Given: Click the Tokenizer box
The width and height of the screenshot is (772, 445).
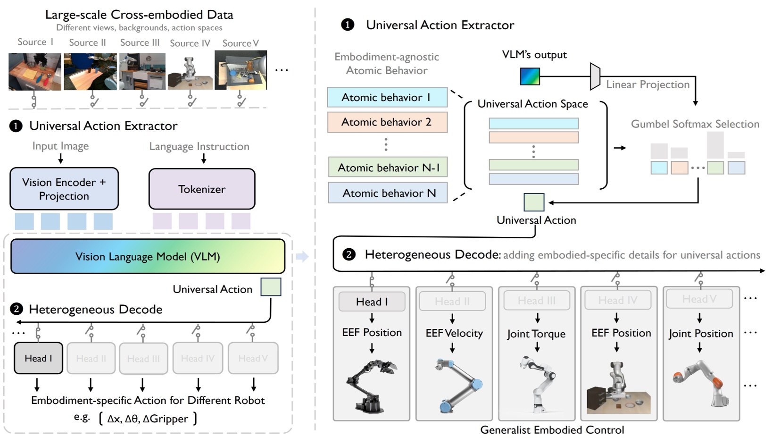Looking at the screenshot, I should [202, 189].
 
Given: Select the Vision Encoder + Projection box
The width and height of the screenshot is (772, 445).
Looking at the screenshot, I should [64, 189].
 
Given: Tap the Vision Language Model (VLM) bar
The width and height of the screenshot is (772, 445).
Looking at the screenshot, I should [148, 256].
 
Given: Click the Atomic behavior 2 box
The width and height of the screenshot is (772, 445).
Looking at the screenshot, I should [387, 122].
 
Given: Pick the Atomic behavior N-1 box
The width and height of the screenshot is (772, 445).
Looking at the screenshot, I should [388, 168].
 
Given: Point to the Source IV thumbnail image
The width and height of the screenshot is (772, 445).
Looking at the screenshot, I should [191, 71].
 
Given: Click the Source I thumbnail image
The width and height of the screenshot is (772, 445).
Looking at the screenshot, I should [35, 71].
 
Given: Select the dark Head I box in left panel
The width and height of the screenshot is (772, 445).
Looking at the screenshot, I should [39, 358].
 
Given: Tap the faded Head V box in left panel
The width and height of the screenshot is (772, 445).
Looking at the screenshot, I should [253, 358].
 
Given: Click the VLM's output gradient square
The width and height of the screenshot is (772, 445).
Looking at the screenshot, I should [530, 76].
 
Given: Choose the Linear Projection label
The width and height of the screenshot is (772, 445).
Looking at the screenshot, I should [647, 84].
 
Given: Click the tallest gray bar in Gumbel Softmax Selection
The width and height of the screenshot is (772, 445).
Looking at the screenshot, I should [715, 145].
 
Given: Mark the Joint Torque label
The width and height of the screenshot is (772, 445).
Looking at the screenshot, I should [536, 334].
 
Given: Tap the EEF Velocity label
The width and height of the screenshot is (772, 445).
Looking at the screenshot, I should [454, 333].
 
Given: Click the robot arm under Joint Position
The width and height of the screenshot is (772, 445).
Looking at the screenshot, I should [699, 382].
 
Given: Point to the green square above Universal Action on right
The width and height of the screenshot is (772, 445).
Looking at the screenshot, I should [534, 202].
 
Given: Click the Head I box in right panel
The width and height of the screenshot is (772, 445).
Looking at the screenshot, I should [372, 302].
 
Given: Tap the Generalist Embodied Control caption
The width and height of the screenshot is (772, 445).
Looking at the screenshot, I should [552, 430].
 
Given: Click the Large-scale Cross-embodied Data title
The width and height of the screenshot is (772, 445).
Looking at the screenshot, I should [139, 14].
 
